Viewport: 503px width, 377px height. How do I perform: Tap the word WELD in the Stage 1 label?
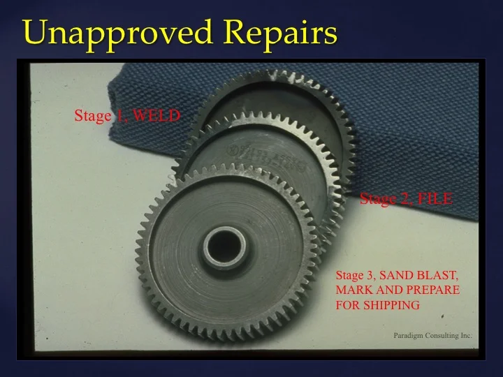pos(157,116)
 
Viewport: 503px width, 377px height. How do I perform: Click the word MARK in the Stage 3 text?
pos(352,290)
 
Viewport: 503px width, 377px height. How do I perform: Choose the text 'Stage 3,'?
pos(356,275)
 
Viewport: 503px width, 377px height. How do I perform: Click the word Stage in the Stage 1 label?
pos(92,116)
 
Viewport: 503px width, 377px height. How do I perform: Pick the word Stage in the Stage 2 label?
pos(378,199)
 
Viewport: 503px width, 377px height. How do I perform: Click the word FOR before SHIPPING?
pos(347,304)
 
